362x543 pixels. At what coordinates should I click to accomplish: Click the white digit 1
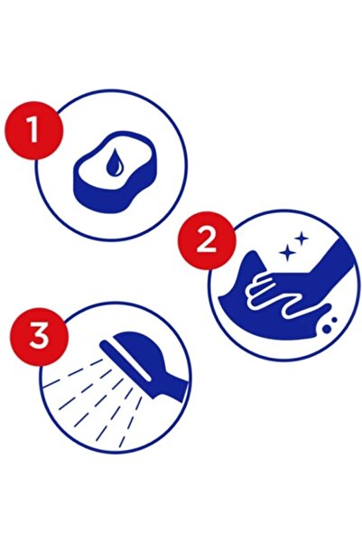coord(32,129)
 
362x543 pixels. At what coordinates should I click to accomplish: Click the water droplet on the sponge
coord(115,163)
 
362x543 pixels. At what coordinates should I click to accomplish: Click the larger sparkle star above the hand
coord(287,254)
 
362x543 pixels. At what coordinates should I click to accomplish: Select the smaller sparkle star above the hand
coord(302,239)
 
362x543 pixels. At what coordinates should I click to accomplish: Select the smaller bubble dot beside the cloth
coord(334,320)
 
